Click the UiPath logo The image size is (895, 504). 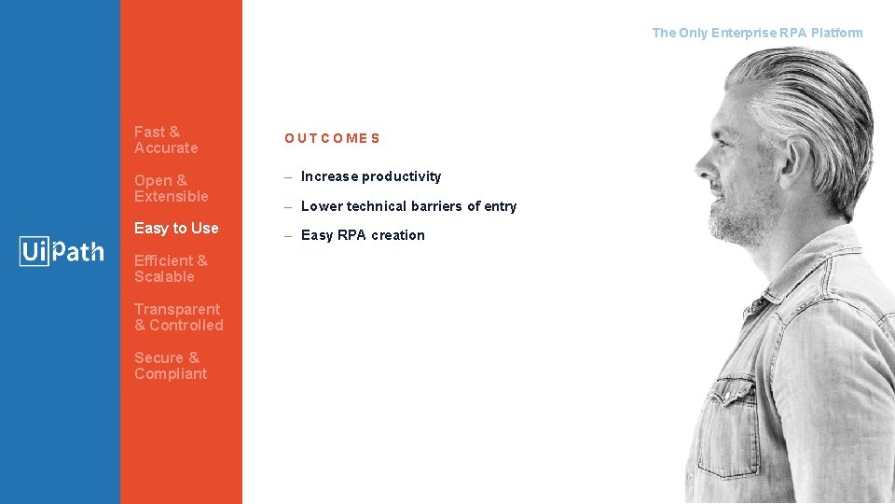pos(62,251)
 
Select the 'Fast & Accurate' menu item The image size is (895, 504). pos(166,140)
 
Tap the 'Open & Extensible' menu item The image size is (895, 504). pos(171,189)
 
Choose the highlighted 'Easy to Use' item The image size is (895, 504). pos(176,228)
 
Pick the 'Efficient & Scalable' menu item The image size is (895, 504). pos(171,269)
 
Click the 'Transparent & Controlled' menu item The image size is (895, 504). pos(178,317)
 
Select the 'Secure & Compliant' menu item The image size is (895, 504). pos(170,366)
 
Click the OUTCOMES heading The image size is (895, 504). pos(332,138)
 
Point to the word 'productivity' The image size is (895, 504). pos(401,176)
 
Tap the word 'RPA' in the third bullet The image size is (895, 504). pos(351,235)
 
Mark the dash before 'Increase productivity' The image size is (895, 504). pos(289,176)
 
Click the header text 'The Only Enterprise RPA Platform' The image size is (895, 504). pos(757,33)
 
